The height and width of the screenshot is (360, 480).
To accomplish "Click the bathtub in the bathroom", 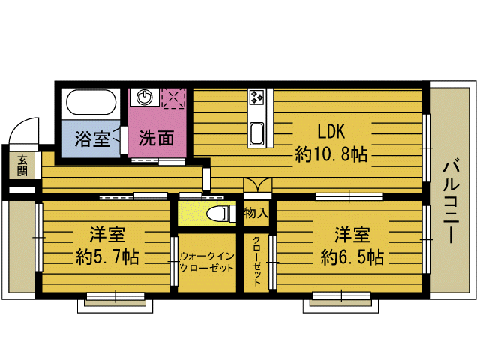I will [90, 103].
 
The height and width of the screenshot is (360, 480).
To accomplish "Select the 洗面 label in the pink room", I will [157, 139].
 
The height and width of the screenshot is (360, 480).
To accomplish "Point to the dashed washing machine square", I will [173, 97].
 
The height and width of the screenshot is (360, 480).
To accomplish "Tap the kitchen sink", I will [256, 133].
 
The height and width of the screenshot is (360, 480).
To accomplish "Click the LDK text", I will [330, 130].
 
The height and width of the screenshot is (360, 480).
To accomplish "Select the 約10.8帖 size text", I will [331, 155].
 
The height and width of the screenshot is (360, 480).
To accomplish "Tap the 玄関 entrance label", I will [22, 165].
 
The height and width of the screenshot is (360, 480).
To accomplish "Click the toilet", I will [218, 213].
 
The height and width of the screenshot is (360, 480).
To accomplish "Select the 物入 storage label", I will [256, 214].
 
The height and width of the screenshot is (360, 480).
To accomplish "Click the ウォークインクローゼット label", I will [208, 262].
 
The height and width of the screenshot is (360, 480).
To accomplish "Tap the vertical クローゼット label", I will [256, 262].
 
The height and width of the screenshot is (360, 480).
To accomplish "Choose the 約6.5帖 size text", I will [352, 257].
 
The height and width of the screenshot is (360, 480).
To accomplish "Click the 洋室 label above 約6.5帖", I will [351, 233].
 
